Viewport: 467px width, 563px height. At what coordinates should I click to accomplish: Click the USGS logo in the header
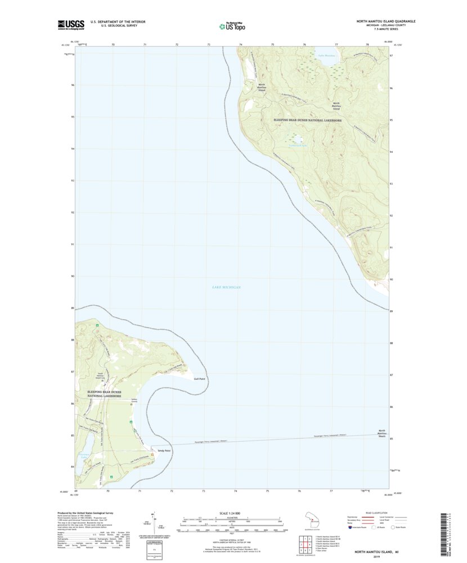(x=71, y=24)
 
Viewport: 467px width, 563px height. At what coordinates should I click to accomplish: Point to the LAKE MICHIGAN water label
(x=226, y=287)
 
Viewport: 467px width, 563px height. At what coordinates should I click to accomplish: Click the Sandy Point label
(x=164, y=451)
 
